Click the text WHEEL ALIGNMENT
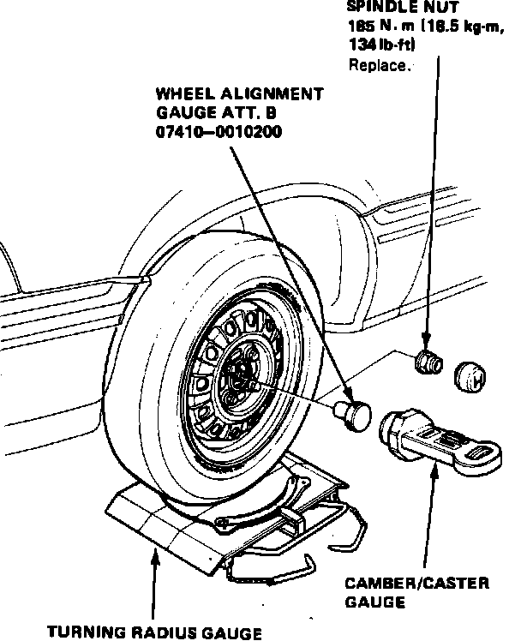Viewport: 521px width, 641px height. click(x=240, y=93)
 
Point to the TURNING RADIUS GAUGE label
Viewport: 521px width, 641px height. click(x=154, y=632)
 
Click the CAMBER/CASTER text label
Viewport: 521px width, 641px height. click(x=417, y=584)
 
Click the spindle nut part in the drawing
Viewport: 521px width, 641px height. click(x=426, y=362)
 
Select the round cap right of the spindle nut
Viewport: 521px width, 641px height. click(x=470, y=375)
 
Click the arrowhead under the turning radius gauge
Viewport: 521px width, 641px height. click(x=154, y=558)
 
